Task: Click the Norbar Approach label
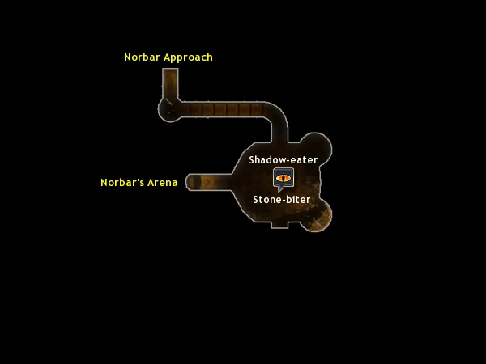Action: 168,57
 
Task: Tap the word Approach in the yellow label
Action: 188,58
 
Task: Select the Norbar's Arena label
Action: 139,182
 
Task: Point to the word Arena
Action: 163,182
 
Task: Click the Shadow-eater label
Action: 283,159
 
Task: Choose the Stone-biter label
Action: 282,199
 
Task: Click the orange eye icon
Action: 283,178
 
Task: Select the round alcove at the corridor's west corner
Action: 167,111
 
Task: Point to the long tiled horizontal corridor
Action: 224,109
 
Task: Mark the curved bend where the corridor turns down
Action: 278,116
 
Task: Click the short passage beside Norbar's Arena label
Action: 209,182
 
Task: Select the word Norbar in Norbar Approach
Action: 143,57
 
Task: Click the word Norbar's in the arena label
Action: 122,182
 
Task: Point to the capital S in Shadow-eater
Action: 252,159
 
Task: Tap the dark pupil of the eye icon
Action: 283,178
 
